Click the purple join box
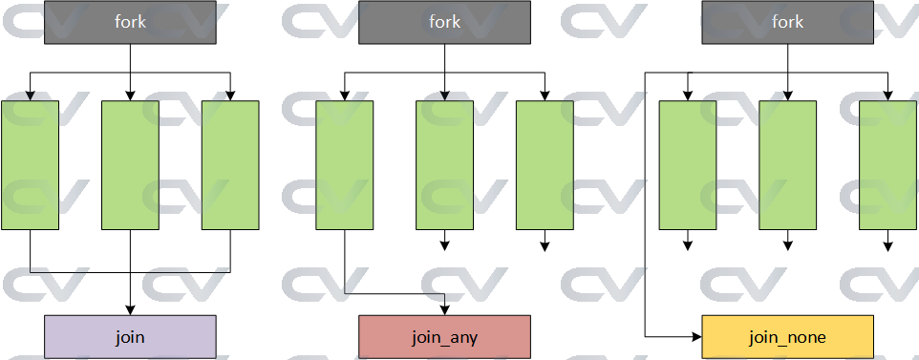pyautogui.click(x=130, y=336)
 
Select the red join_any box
pyautogui.click(x=444, y=336)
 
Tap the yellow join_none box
pyautogui.click(x=787, y=336)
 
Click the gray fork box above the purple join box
pyautogui.click(x=130, y=22)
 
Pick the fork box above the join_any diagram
pyautogui.click(x=444, y=22)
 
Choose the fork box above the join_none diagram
pyautogui.click(x=787, y=22)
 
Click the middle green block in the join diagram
pyautogui.click(x=130, y=164)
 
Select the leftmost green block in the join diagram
pyautogui.click(x=30, y=164)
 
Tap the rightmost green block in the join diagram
pyautogui.click(x=230, y=164)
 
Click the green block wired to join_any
pyautogui.click(x=345, y=164)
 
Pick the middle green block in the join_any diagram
pyautogui.click(x=444, y=164)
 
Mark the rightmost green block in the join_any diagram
pyautogui.click(x=545, y=164)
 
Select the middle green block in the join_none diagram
pyautogui.click(x=787, y=164)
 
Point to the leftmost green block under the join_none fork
pyautogui.click(x=688, y=164)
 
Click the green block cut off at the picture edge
pyautogui.click(x=887, y=164)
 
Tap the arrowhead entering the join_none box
pyautogui.click(x=696, y=336)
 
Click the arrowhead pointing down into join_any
pyautogui.click(x=444, y=308)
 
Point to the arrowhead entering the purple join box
pyautogui.click(x=130, y=308)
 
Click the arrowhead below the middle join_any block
pyautogui.click(x=444, y=247)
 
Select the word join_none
pyautogui.click(x=787, y=337)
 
